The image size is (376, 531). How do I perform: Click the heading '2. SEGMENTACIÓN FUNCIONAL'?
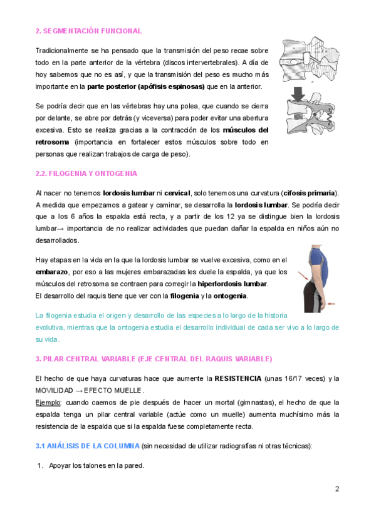[x=88, y=31]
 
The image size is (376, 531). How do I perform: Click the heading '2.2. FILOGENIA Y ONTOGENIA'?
[x=86, y=173]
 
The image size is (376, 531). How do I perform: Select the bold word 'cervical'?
[x=177, y=193]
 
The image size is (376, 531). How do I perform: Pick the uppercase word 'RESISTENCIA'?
[x=238, y=379]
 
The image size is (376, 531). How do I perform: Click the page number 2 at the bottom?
[x=337, y=489]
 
